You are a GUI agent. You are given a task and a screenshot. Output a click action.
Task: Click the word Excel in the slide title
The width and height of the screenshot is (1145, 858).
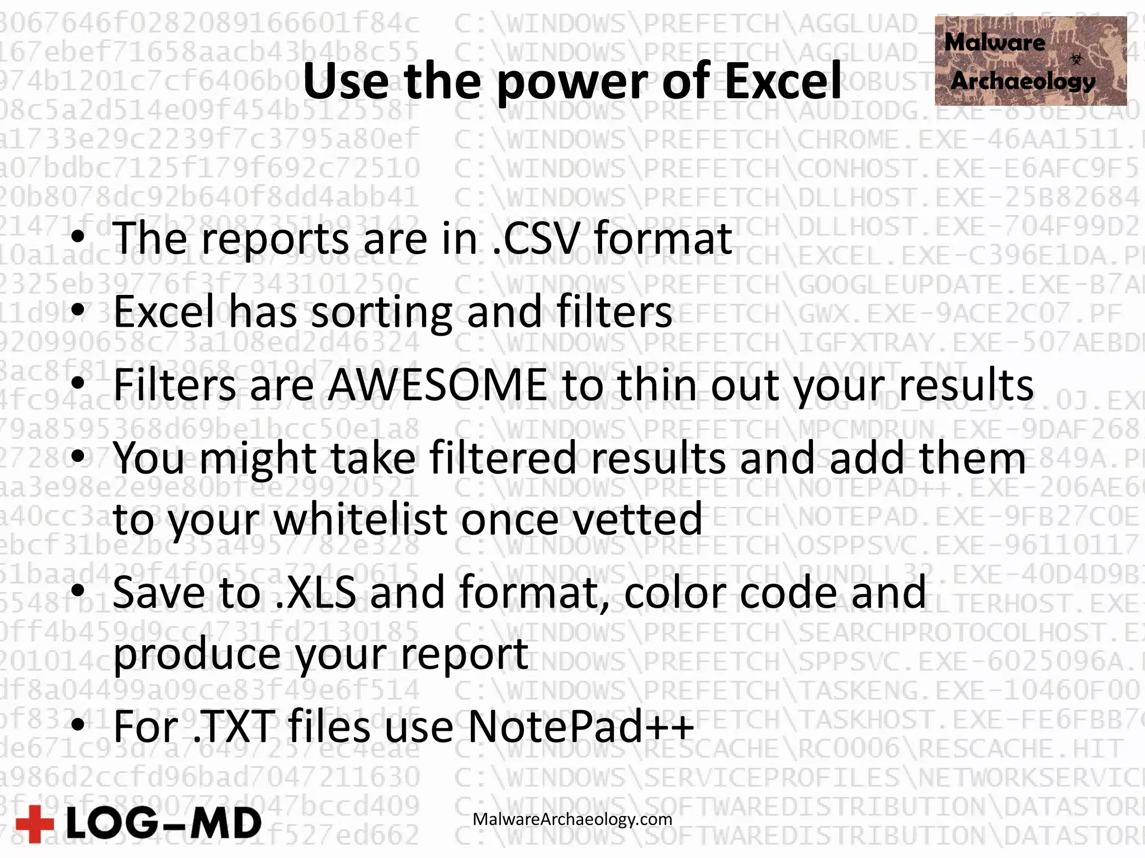click(783, 81)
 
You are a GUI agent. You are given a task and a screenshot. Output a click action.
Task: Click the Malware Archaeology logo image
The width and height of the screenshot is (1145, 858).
click(1030, 61)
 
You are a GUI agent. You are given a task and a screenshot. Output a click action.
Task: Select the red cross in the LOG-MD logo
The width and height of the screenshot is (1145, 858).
click(35, 824)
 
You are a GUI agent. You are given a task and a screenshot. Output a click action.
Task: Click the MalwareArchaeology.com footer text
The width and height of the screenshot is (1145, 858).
click(572, 819)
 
